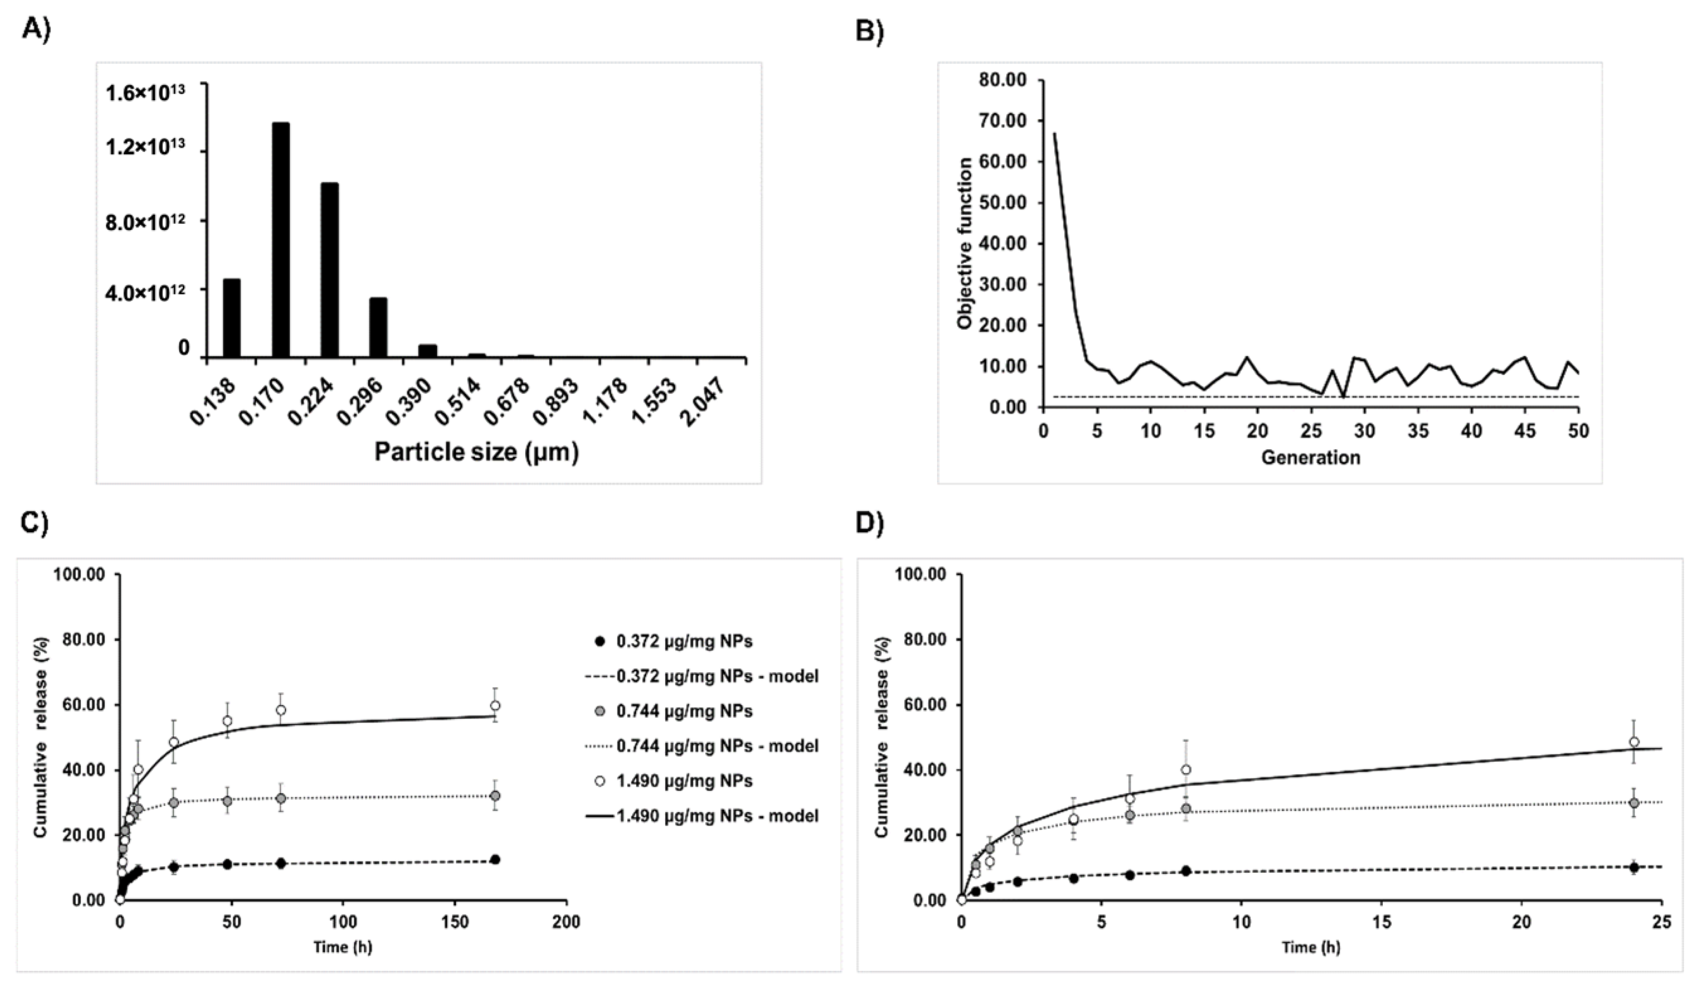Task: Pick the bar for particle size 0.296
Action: (378, 327)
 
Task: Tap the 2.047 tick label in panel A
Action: (703, 401)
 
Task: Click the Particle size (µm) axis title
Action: (476, 452)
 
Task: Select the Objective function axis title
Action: (965, 243)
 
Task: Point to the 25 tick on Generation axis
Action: (1311, 431)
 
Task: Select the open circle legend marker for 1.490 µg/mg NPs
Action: (601, 781)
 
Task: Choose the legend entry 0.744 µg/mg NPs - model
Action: (717, 746)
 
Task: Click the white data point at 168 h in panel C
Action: (495, 706)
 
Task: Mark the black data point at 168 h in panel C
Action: (495, 859)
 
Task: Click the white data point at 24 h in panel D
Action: (1634, 742)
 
